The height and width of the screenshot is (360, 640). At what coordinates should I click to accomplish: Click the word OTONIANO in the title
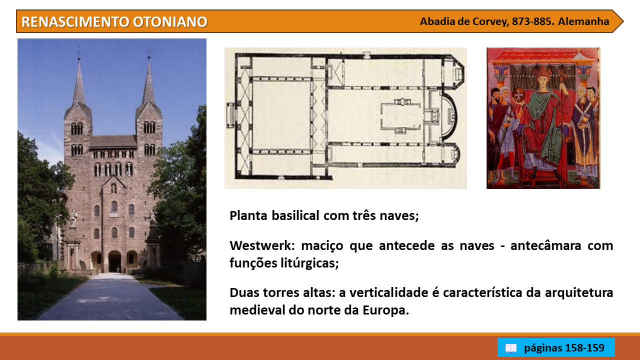170,21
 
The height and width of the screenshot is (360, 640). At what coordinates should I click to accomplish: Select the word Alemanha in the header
583,21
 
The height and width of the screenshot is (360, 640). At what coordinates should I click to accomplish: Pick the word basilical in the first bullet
295,215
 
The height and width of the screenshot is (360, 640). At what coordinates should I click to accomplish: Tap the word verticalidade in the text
389,292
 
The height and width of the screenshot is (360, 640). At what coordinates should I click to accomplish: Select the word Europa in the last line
385,310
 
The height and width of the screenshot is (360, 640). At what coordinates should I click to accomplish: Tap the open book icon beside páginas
511,348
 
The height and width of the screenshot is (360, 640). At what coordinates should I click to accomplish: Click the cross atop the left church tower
79,52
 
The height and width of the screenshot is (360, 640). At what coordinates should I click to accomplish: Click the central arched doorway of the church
114,261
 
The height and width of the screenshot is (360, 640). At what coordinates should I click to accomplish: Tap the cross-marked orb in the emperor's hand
517,94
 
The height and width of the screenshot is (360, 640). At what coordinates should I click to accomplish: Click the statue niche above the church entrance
113,188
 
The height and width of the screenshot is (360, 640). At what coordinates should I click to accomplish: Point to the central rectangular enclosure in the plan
401,115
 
